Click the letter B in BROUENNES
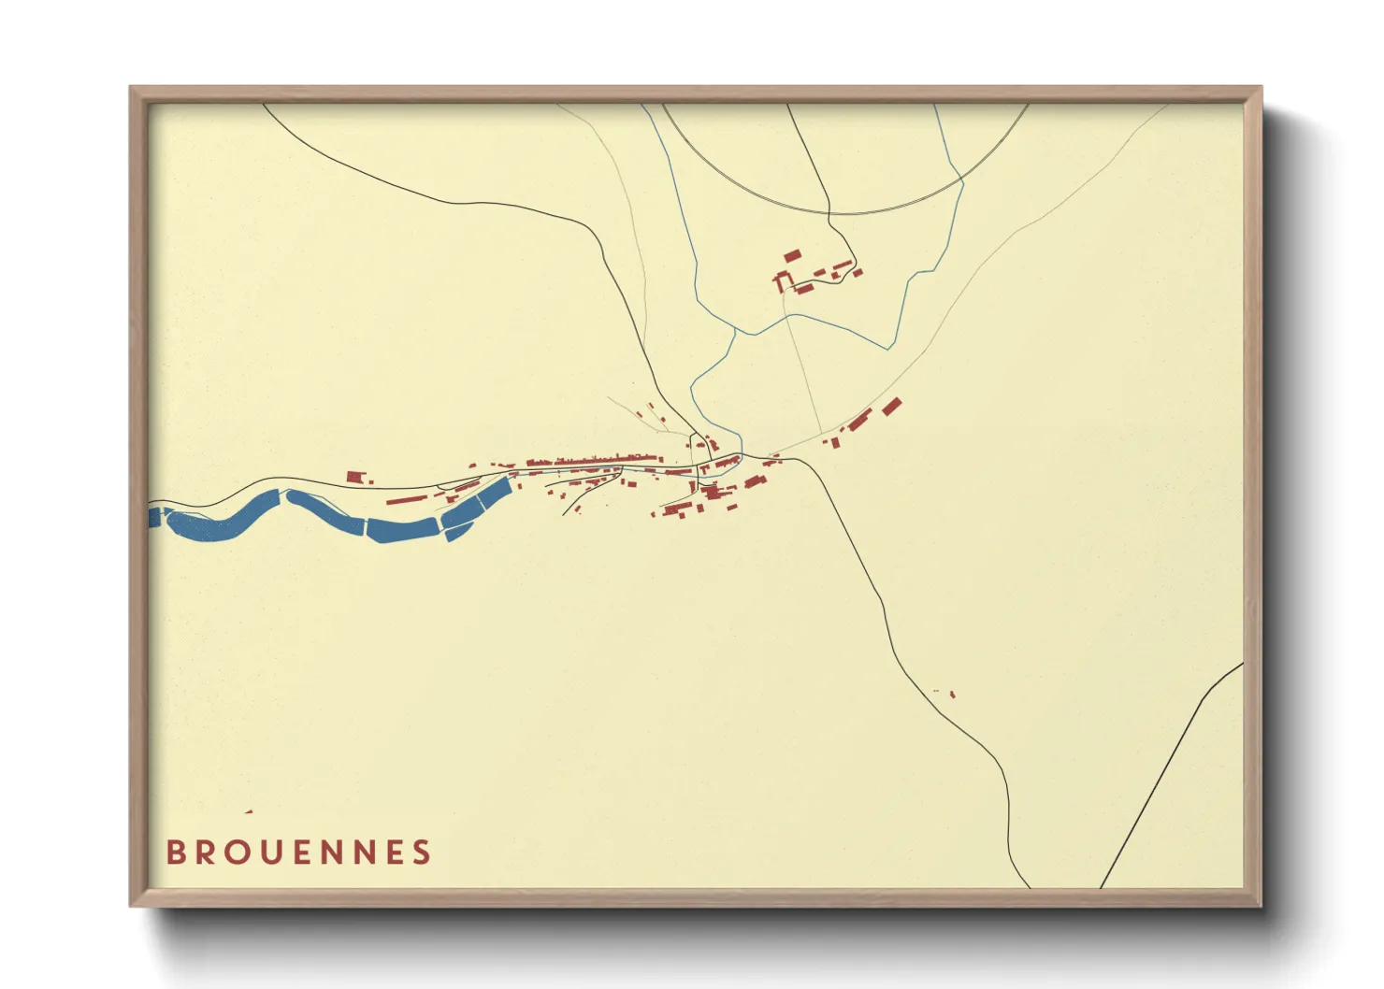(x=175, y=853)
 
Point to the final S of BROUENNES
(x=423, y=853)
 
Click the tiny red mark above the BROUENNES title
(x=249, y=811)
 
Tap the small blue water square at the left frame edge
(x=154, y=516)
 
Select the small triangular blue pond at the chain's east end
(x=457, y=533)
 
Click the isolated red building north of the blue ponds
(x=354, y=477)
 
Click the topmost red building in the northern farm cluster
(x=792, y=255)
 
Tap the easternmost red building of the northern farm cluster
(x=857, y=273)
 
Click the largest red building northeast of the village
(x=891, y=406)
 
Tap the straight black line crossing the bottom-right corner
(x=1169, y=776)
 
